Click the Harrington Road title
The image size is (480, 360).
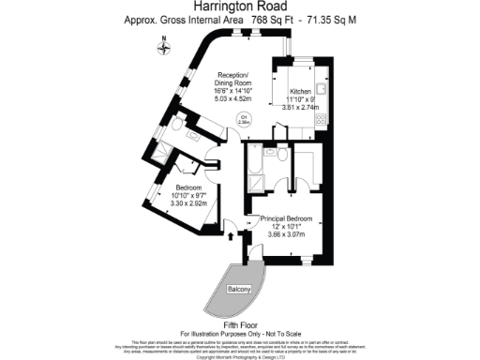[x=239, y=6]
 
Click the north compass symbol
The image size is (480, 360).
[x=163, y=43]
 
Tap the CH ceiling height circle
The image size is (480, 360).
[x=241, y=120]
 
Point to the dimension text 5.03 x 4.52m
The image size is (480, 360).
[x=232, y=95]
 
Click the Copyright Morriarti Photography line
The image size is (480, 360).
[x=239, y=356]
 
